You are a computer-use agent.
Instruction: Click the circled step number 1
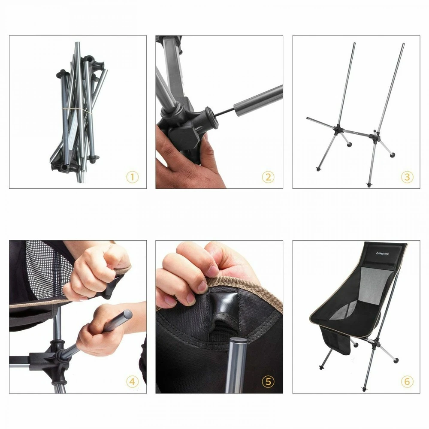[132, 177]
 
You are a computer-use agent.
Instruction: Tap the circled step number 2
[268, 177]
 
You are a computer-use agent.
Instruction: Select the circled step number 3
[407, 177]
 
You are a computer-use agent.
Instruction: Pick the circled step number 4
[132, 381]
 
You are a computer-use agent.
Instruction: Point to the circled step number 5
[268, 381]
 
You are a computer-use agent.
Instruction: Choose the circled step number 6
[407, 381]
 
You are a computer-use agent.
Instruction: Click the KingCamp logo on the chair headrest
[382, 254]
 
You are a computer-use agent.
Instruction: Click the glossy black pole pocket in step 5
[223, 304]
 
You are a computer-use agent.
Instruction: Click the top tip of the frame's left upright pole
[355, 43]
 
